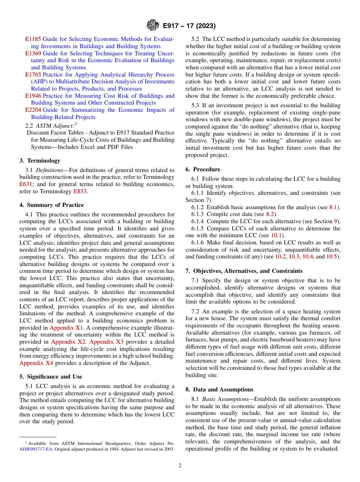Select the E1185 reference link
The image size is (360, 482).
pyautogui.click(x=33, y=39)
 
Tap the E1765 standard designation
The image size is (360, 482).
pyautogui.click(x=33, y=75)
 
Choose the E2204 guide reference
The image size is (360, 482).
pyautogui.click(x=33, y=110)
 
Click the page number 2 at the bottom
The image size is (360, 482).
pyautogui.click(x=180, y=466)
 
